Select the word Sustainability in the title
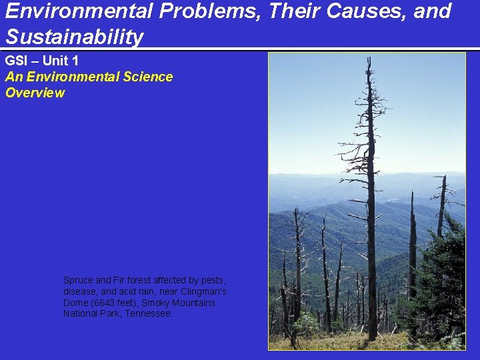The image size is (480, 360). [x=74, y=37]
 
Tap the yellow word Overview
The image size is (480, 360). [x=35, y=93]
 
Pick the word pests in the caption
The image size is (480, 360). [x=213, y=280]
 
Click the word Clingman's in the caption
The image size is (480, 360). [x=203, y=291]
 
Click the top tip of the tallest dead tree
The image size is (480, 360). [x=369, y=59]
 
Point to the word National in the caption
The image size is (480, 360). [x=82, y=313]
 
